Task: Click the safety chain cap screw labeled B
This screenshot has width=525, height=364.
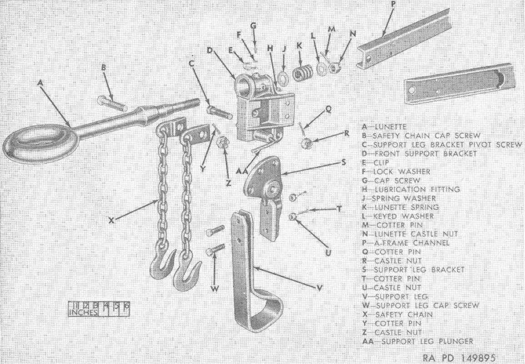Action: [112, 103]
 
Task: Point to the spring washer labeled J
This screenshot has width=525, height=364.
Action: [281, 78]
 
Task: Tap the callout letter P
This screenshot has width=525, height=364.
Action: [393, 4]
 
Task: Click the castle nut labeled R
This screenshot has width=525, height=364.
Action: [306, 142]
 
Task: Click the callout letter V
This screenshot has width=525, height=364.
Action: [319, 288]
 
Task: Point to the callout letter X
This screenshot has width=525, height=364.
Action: [112, 221]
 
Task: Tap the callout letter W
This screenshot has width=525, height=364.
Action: [215, 289]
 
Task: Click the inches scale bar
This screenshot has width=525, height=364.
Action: [98, 309]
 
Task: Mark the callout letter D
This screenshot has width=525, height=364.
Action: [210, 50]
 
